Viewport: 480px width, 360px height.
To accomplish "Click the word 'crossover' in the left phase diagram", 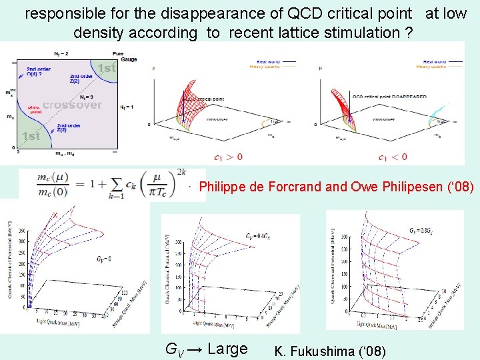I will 72,105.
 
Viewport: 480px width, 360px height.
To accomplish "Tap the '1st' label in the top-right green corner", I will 106,68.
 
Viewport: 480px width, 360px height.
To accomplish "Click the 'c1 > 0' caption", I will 229,157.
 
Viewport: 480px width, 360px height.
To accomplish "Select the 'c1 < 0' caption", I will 392,157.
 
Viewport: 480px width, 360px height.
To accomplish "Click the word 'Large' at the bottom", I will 228,349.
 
